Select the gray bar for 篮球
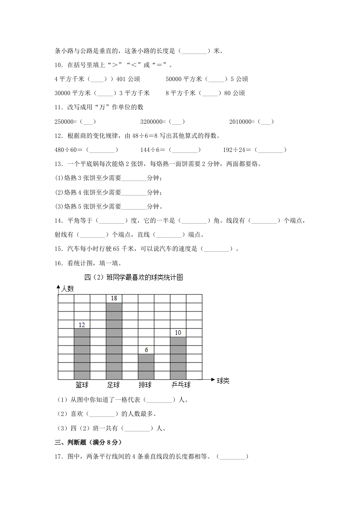(82, 354)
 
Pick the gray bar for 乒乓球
(178, 358)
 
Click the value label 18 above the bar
(114, 299)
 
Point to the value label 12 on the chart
(82, 324)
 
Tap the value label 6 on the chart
(146, 350)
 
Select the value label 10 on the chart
(178, 333)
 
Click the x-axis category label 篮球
(82, 385)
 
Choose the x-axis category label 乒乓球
(181, 385)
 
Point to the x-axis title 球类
(223, 381)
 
